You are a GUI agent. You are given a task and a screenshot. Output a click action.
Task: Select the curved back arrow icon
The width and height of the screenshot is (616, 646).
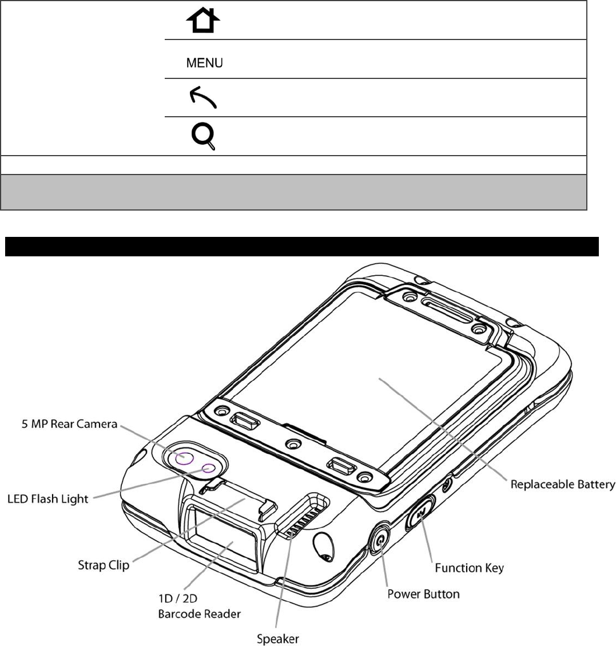tap(202, 99)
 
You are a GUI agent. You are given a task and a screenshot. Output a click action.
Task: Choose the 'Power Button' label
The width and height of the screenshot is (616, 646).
tap(423, 594)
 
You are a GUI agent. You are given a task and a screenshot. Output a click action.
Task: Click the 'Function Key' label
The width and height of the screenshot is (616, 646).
tap(469, 568)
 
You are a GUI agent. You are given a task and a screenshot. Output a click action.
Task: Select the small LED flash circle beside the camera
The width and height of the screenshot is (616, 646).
tap(209, 468)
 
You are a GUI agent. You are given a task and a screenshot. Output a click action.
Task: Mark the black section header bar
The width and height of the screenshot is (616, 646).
tap(301, 247)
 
